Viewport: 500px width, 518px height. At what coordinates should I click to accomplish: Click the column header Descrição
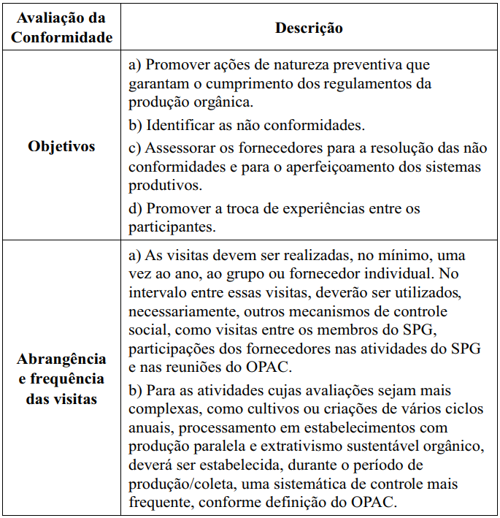coord(309,28)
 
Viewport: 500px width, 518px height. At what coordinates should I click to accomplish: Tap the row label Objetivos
coord(62,146)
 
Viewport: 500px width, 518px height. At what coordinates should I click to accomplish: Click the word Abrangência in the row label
coord(62,359)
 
